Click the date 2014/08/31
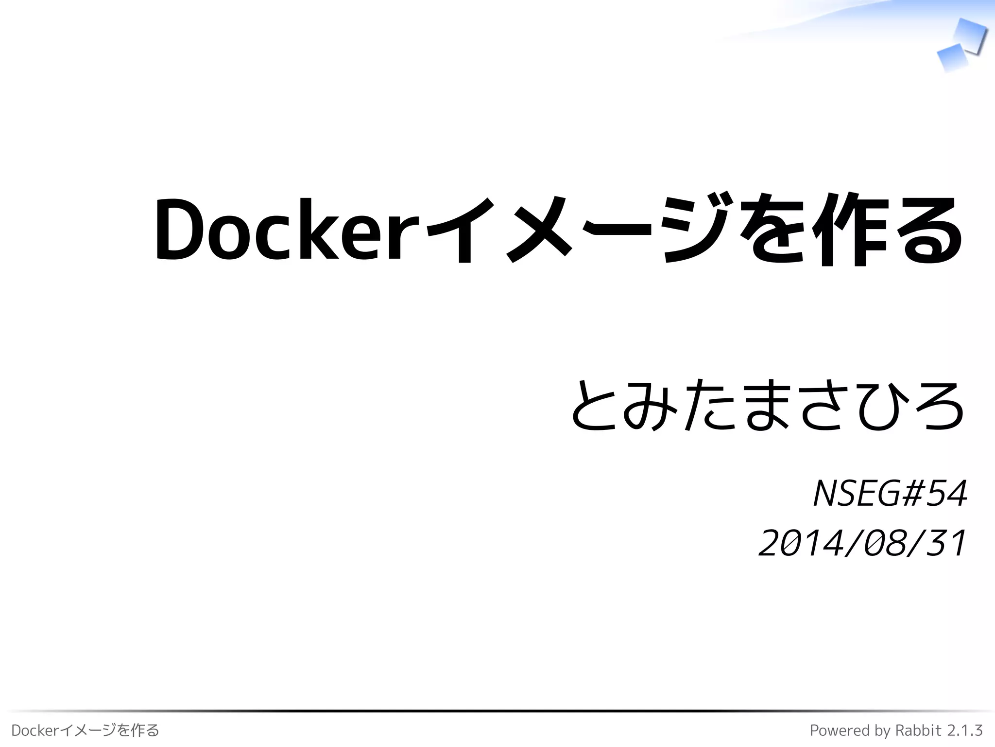862,543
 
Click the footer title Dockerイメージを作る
85,730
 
